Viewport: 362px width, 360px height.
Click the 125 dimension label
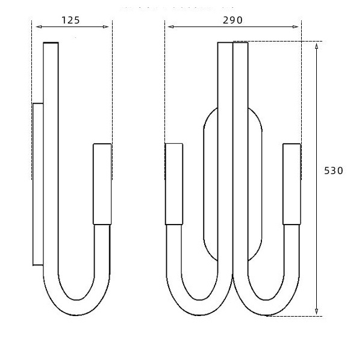70,20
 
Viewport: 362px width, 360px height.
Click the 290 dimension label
232,20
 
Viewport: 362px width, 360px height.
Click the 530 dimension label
334,171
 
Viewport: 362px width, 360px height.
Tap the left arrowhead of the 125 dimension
39,26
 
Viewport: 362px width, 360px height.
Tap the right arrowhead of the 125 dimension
106,26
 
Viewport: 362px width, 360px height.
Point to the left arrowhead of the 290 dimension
171,26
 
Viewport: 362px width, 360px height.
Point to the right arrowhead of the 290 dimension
296,26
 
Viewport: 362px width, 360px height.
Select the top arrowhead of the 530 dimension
316,46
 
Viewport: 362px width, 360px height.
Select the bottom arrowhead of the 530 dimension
316,312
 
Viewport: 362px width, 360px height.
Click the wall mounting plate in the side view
38,184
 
